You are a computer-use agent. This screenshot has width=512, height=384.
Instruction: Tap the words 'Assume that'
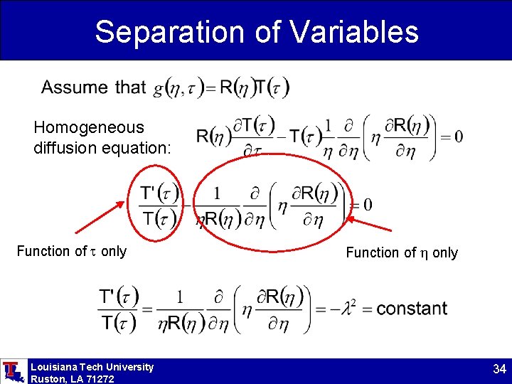pos(93,87)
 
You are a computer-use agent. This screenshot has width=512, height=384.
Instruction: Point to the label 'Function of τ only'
pos(71,251)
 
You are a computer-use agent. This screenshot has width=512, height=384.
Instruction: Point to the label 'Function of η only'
pos(402,252)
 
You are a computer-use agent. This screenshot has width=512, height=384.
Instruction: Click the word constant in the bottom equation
pos(412,309)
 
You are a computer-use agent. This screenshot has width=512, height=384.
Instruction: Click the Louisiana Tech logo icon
pos(13,371)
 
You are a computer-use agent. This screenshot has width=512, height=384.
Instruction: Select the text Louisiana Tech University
pos(92,367)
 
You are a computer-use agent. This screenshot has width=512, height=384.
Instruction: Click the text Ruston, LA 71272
pos(72,379)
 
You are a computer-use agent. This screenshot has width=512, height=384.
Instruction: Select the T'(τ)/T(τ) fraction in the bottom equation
pos(119,309)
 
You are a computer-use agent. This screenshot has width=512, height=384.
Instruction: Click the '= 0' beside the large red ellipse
pos(361,205)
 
